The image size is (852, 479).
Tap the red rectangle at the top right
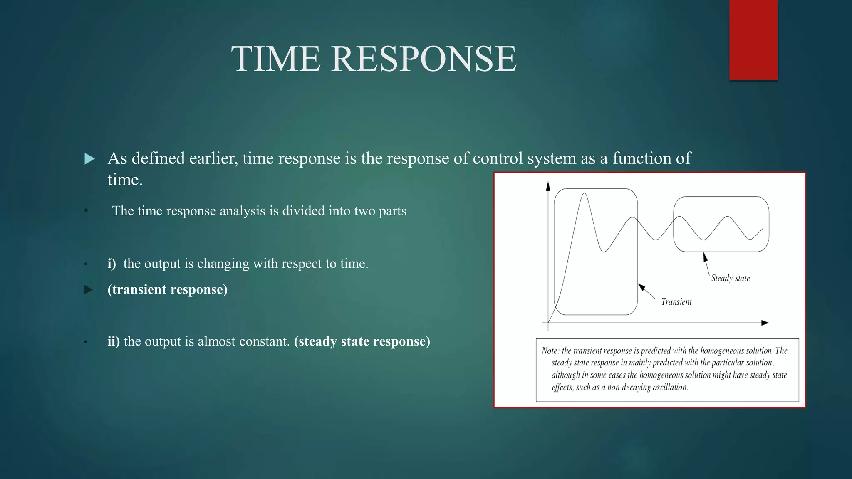[753, 40]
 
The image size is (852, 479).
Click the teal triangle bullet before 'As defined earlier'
[89, 159]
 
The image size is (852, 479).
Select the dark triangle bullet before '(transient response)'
[89, 290]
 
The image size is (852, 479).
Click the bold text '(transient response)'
[167, 289]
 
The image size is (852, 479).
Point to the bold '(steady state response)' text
[362, 341]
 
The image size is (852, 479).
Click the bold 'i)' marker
[111, 264]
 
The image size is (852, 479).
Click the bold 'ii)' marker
[113, 341]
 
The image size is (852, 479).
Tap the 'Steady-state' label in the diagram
[731, 278]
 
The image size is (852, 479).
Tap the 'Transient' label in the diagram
[676, 302]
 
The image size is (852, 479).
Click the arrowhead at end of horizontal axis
[765, 323]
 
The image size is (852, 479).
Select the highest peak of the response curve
[585, 193]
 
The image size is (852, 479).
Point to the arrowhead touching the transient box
[641, 287]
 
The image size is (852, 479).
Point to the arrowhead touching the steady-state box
[705, 257]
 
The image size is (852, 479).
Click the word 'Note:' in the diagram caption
[550, 351]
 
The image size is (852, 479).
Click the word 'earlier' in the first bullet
[213, 158]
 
